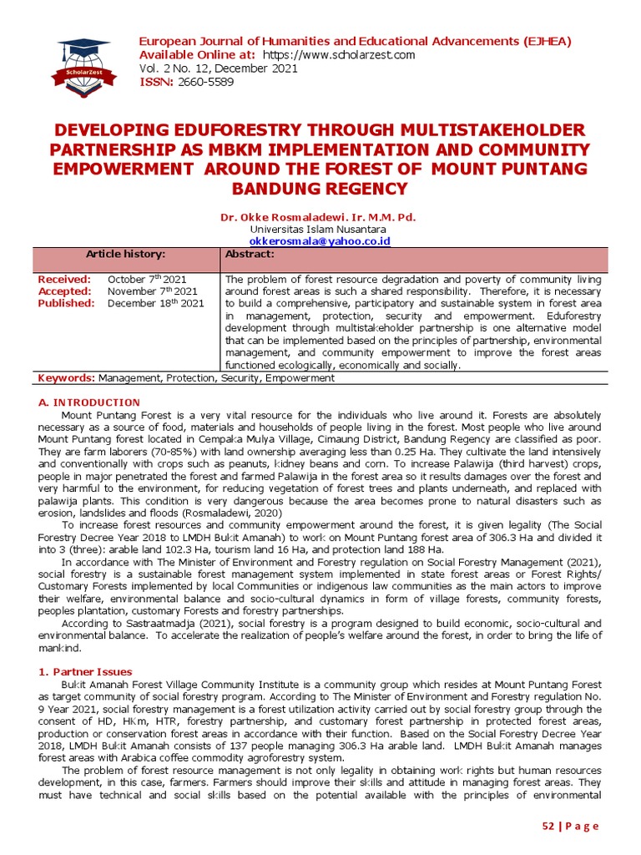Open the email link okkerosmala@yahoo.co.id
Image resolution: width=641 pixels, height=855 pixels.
(x=320, y=240)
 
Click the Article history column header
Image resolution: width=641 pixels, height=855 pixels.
(x=126, y=254)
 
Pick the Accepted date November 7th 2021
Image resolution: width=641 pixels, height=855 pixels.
(x=153, y=291)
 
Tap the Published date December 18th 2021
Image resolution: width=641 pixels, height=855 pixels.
(x=155, y=303)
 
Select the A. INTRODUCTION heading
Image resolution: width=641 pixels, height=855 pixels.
(x=89, y=402)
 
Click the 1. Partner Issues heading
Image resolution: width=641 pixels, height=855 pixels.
(x=87, y=671)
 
